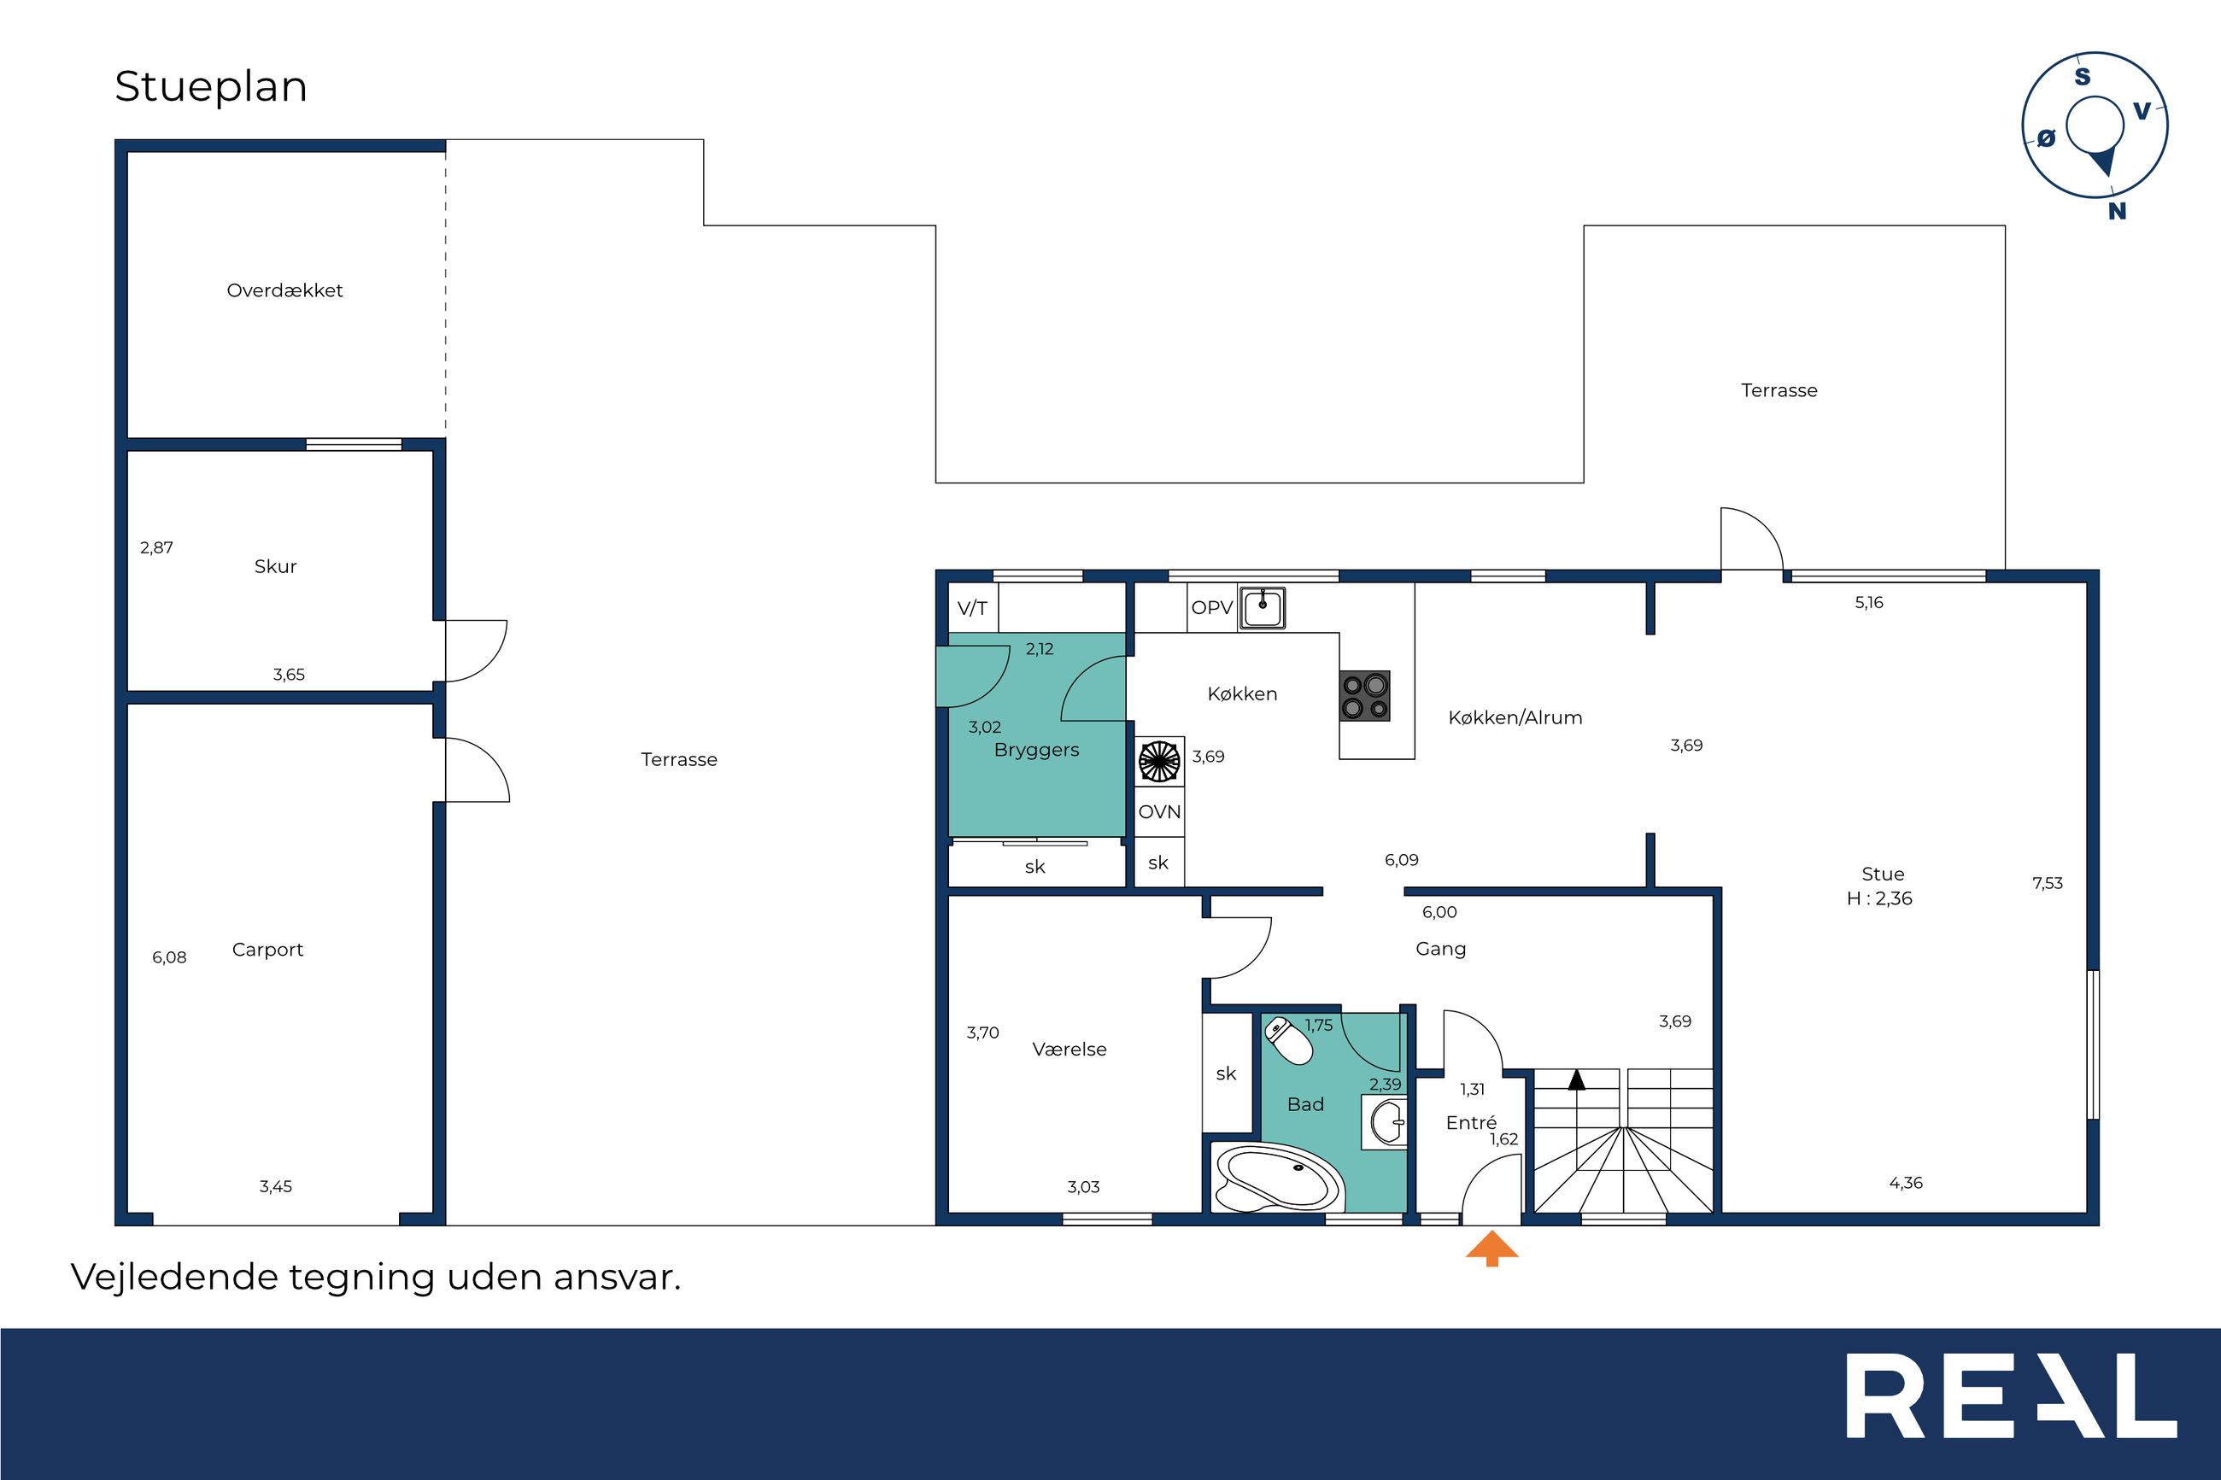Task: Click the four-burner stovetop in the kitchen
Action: coord(1365,696)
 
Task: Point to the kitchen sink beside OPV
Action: coord(1262,607)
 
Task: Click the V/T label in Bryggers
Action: coord(972,609)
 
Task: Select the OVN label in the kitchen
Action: coord(1159,811)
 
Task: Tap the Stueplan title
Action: coord(212,87)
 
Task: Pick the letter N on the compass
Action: coord(2117,212)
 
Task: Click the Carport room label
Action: coord(268,951)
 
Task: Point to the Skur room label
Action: coord(276,566)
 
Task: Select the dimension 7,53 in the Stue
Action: coord(2048,883)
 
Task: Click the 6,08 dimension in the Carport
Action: coord(169,957)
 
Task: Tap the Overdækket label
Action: coord(285,290)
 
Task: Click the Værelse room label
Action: coord(1069,1050)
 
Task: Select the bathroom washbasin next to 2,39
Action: coord(1385,1122)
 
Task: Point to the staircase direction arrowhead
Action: coord(1576,1079)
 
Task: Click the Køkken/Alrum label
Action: coord(1515,717)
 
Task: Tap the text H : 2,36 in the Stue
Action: coord(1879,898)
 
